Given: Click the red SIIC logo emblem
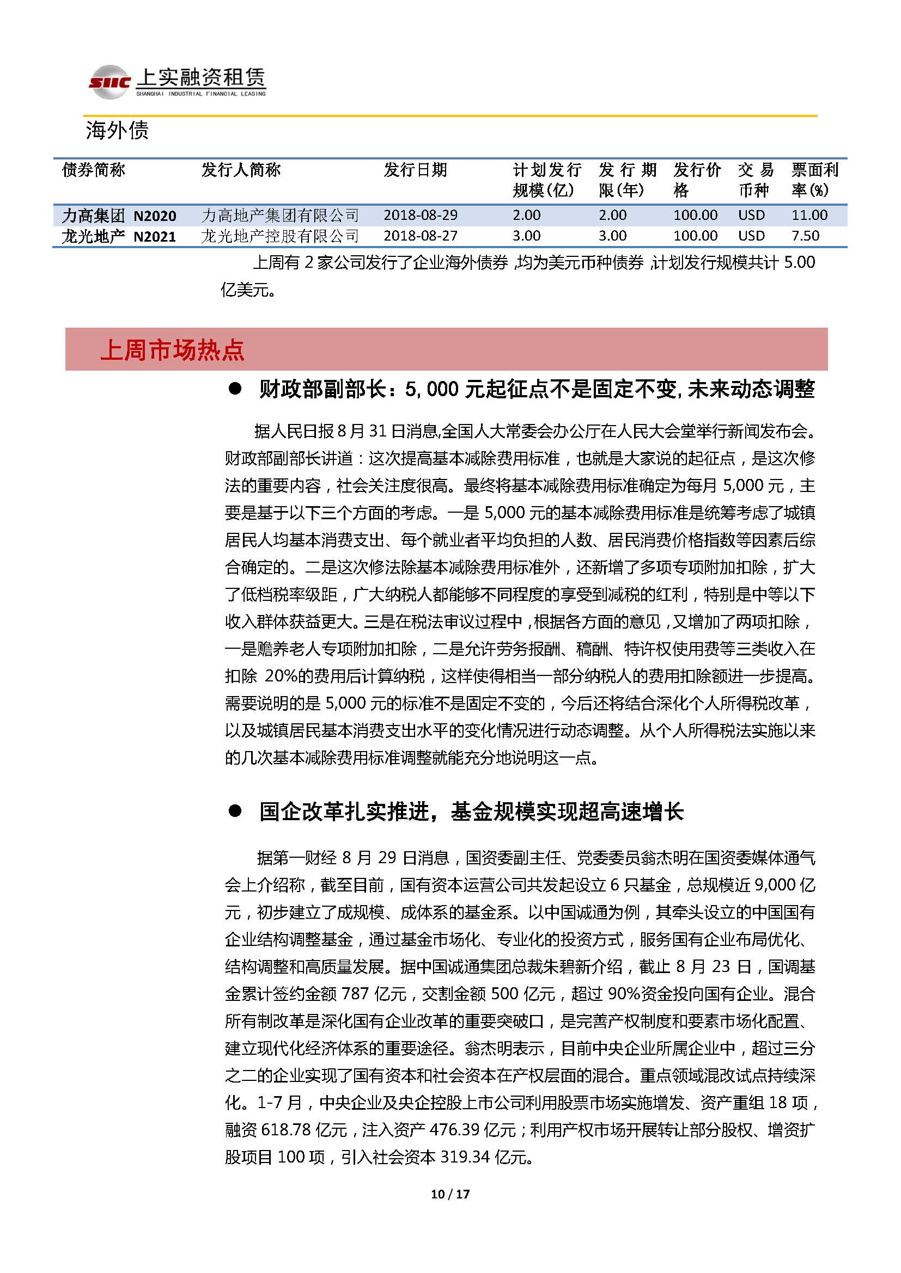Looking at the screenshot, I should tap(110, 82).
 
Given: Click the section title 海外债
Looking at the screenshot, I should tap(117, 131).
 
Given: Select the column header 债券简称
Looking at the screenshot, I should tap(94, 170).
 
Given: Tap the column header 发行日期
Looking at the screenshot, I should tap(415, 170).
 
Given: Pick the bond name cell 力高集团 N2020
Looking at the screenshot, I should tap(119, 215).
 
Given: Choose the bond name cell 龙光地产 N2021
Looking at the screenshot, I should tap(119, 236).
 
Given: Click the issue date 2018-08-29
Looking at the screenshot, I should tap(420, 215).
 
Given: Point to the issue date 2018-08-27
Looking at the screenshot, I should tap(420, 236).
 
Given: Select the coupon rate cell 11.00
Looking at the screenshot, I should tap(809, 215).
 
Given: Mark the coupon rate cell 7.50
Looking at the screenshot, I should tap(805, 236).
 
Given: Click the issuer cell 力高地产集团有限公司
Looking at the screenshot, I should tap(280, 215).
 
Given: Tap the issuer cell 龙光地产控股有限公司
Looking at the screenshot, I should tap(280, 236).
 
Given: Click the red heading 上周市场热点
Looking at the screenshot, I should tap(172, 350).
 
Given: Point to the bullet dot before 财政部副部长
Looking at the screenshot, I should tap(235, 389).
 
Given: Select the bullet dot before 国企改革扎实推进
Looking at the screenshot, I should tap(235, 811).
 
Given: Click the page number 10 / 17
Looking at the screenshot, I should tap(450, 1194).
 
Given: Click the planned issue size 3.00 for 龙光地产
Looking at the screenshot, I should tap(526, 236).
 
